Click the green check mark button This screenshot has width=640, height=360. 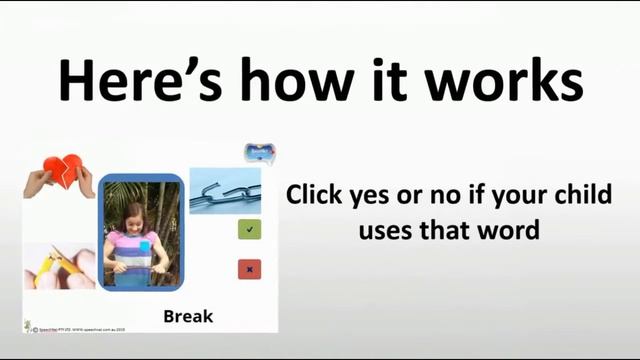(x=250, y=230)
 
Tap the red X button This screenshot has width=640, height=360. (x=250, y=269)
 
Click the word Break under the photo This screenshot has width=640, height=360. (x=188, y=317)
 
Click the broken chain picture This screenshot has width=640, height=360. (x=225, y=190)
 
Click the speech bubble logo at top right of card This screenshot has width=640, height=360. (x=259, y=153)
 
